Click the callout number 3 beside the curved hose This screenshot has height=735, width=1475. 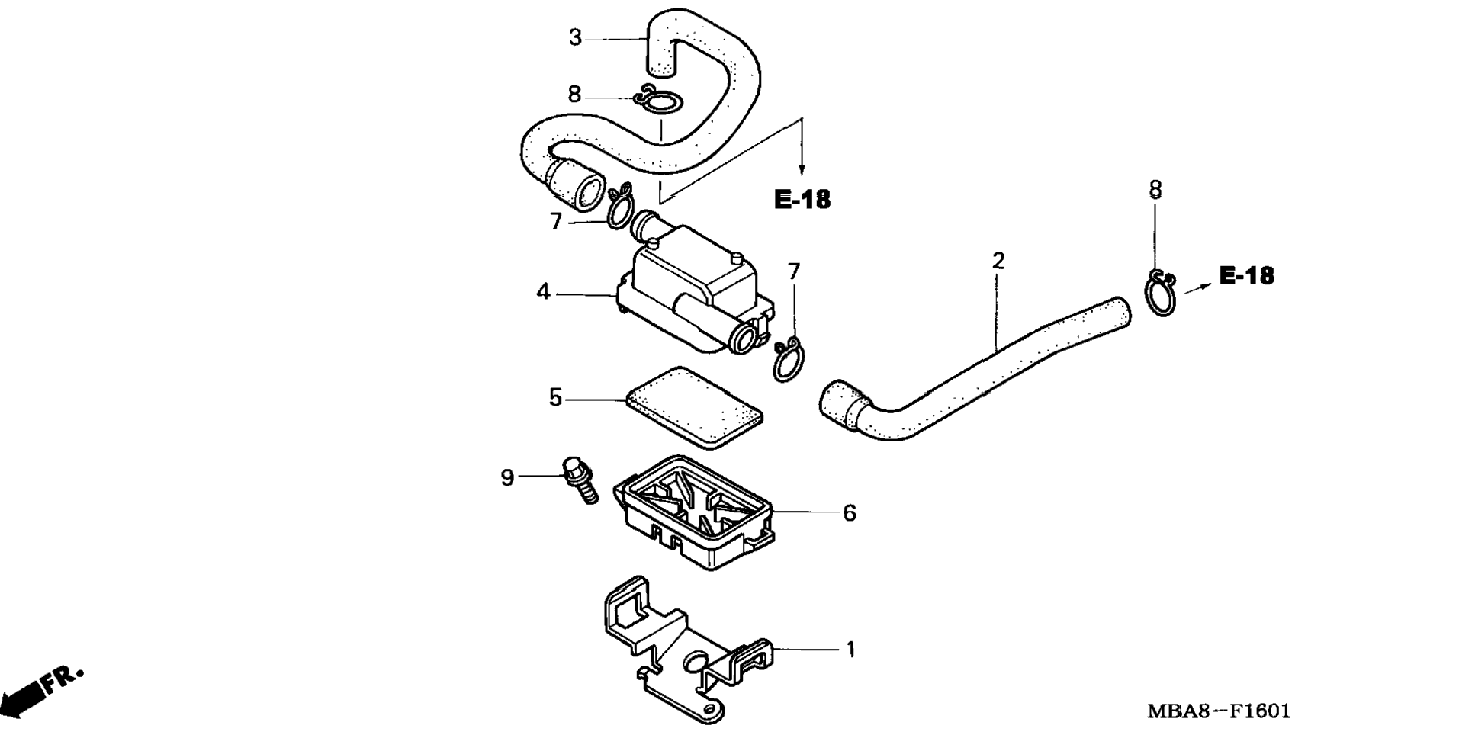575,37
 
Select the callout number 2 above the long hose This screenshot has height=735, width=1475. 998,261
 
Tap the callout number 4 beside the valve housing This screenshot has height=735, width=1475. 543,292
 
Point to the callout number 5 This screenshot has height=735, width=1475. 555,397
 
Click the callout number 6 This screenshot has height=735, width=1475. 850,513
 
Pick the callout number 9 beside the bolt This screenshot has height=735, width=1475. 507,478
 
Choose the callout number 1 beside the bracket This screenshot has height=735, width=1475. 851,650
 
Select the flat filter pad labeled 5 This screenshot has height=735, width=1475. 693,407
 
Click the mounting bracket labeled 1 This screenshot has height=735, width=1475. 686,648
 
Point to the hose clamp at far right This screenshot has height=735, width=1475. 1162,293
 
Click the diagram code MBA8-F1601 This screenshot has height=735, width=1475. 1219,711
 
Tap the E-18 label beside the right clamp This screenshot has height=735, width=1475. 1246,275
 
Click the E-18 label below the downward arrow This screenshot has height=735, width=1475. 802,200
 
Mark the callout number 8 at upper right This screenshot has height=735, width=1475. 1155,190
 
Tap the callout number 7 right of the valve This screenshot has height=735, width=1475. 794,271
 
